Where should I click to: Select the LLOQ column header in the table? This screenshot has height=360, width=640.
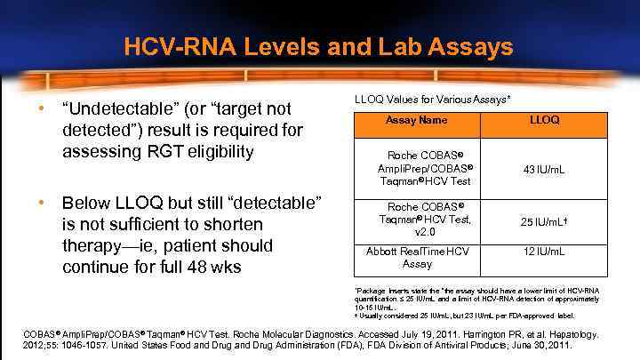coord(543,120)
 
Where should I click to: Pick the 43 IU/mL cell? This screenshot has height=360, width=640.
coord(543,169)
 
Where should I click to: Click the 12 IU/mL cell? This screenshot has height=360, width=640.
coord(543,252)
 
